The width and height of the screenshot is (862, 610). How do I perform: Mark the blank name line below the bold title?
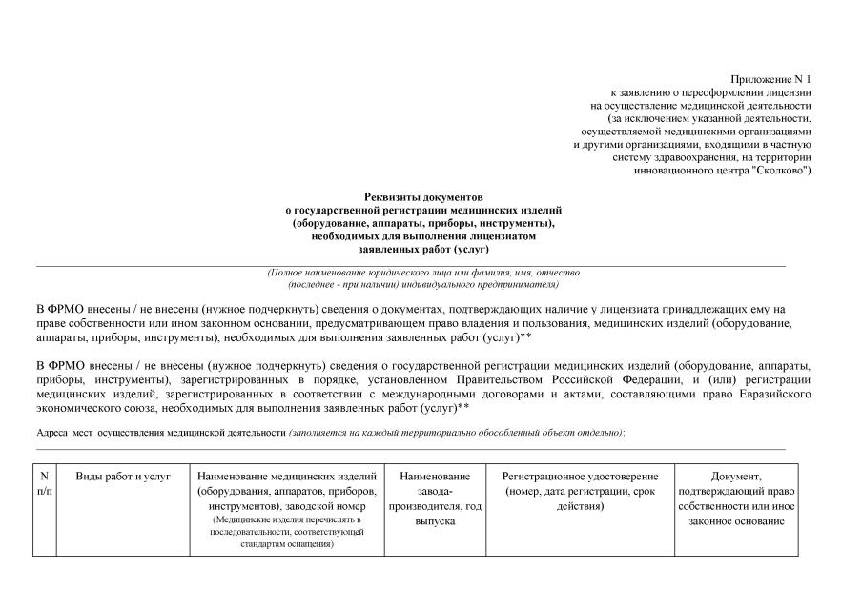click(410, 264)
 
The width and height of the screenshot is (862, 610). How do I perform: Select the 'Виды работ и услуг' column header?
click(123, 476)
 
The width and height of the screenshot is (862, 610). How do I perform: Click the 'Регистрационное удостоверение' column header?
click(580, 476)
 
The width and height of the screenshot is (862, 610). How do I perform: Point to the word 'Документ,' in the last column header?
click(736, 476)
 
